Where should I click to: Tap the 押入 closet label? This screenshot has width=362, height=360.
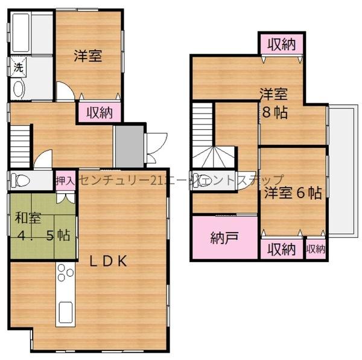pos(64,181)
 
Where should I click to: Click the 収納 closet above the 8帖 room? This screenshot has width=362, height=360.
pos(281,44)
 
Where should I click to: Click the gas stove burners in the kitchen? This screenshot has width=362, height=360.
pos(63,279)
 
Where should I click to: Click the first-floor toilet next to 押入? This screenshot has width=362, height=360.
pos(23,181)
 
